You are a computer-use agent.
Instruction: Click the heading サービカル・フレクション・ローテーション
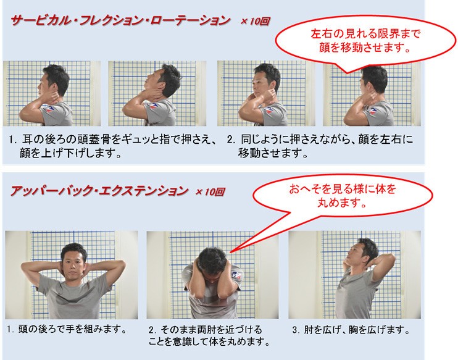coord(120,21)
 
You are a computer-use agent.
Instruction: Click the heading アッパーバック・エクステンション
coord(99,191)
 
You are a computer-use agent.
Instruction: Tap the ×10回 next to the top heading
coord(255,22)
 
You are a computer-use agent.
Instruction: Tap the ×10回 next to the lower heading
coord(210,191)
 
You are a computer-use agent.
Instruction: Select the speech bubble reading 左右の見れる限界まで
coord(365,41)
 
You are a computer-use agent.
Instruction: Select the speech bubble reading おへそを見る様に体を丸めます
coord(342,196)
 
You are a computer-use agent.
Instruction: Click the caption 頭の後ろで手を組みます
coord(67,329)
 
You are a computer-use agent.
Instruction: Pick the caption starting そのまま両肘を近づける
coord(209,335)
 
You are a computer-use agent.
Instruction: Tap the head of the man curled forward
coord(212,260)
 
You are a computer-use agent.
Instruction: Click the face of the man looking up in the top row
coord(154,82)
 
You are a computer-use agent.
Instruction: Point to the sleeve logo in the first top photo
coord(49,109)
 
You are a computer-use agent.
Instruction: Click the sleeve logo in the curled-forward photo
coord(236,275)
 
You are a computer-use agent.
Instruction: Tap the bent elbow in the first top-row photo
coord(23,116)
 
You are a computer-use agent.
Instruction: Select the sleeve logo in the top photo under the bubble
coord(372,111)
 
